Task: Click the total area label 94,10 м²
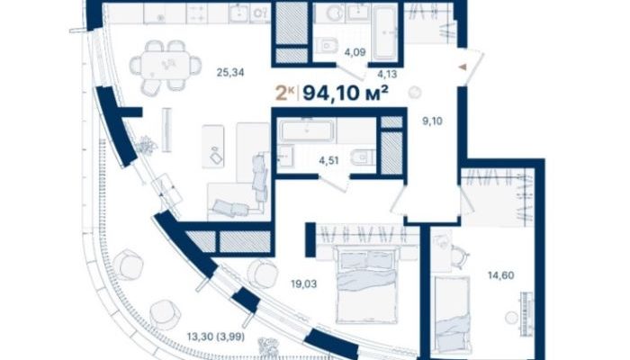345,94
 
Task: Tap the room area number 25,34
230,73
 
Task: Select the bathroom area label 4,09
355,52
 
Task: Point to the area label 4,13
387,74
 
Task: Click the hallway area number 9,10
432,121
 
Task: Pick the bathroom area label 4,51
328,161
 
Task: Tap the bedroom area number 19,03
304,284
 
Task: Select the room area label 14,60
500,275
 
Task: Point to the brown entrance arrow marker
463,67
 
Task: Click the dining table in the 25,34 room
166,67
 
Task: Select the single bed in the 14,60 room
452,312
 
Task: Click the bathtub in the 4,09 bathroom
385,34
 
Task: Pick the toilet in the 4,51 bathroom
363,157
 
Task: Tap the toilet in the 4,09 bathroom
327,45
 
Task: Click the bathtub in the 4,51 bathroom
307,130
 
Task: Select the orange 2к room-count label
284,94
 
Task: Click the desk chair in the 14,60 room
460,254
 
